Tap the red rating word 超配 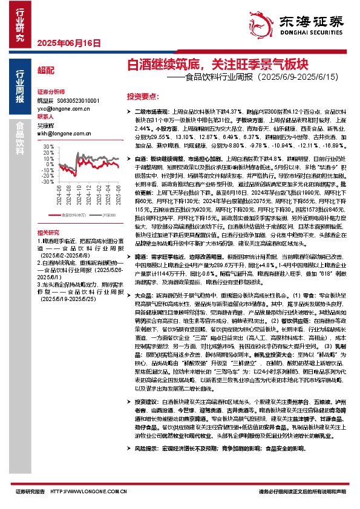pyautogui.click(x=45, y=71)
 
